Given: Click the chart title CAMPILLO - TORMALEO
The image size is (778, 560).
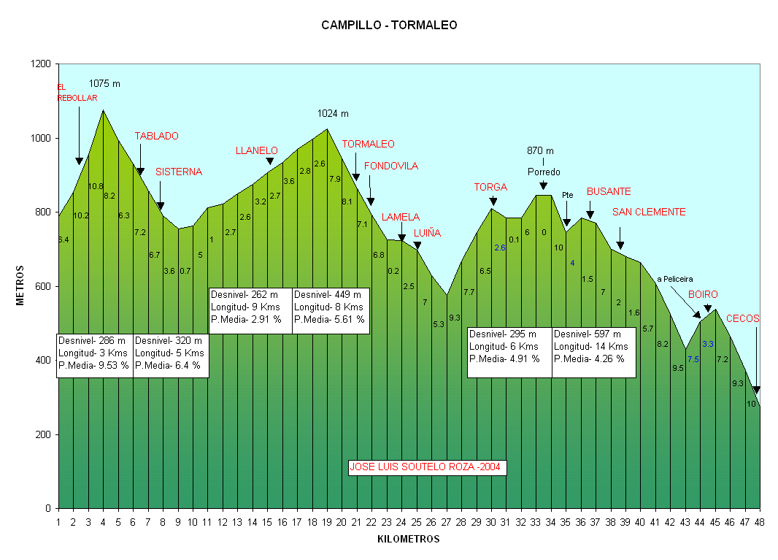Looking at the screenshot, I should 389,26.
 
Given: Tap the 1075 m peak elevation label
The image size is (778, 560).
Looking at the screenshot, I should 104,84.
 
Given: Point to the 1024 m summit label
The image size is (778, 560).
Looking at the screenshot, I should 333,113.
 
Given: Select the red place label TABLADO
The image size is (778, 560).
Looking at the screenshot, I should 156,137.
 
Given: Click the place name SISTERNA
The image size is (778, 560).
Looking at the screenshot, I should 179,172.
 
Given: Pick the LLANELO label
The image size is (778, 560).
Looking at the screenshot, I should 257,151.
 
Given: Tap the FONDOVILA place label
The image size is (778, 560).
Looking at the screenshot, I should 390,166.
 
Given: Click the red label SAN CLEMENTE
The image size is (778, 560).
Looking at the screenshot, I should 649,212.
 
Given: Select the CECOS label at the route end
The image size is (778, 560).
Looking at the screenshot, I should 743,319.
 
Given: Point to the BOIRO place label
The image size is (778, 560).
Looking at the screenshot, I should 703,295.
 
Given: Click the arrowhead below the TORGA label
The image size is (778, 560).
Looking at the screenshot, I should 493,202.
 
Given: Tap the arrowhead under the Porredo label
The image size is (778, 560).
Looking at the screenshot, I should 543,187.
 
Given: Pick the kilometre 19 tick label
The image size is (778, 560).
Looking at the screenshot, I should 326,522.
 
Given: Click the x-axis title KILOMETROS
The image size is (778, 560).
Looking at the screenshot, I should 409,540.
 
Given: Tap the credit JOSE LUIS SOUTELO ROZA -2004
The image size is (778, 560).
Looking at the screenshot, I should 427,467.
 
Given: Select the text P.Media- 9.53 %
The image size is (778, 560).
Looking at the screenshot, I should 93,365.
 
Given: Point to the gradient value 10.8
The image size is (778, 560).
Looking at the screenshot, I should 96,187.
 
